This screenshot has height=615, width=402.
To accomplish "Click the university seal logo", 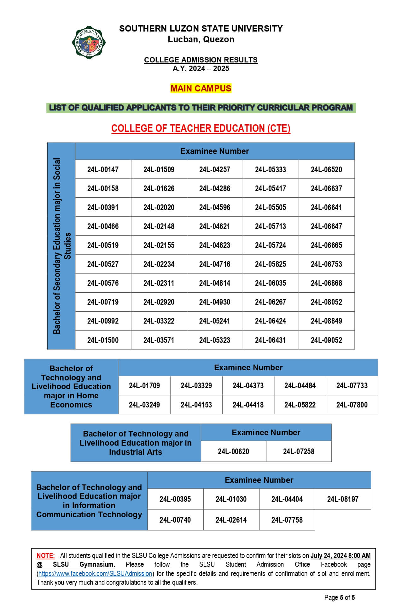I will [89, 43].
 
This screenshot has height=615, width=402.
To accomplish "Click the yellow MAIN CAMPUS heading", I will [201, 88].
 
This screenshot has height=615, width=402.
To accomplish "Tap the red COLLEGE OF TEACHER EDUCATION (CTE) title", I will [201, 128].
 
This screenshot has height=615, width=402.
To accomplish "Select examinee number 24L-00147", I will [103, 170].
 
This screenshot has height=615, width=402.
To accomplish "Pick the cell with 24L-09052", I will [326, 340].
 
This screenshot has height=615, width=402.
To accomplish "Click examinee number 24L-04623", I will [214, 245].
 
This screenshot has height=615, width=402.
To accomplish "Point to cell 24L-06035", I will [270, 283].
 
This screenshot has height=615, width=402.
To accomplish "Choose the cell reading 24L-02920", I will [159, 302].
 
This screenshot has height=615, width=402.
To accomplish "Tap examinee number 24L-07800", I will [352, 405].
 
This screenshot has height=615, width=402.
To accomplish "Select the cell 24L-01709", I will [144, 386].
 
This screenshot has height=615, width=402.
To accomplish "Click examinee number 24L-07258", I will [299, 452].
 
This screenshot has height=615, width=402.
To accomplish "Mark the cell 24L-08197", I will [343, 499].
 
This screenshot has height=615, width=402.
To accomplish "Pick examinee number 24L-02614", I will [231, 520].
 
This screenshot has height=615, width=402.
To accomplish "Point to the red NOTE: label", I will [45, 556].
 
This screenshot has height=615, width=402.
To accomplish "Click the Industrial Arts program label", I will [136, 443].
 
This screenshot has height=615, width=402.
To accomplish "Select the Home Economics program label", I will [71, 386].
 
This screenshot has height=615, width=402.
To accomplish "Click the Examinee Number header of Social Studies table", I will [214, 151].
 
